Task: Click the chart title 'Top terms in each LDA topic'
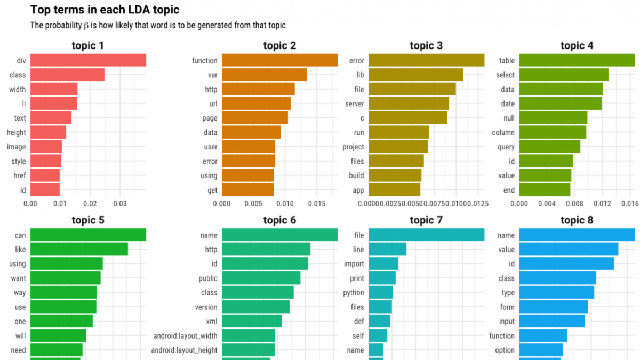105,10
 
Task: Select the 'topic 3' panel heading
426,46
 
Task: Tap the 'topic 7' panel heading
426,220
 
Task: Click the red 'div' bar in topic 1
88,60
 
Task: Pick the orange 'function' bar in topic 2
279,60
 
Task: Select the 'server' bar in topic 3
409,103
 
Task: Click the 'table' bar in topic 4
577,60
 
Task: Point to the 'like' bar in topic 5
79,249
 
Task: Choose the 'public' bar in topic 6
261,278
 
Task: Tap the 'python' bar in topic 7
380,292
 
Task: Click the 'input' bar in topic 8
552,321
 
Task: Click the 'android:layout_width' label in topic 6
185,336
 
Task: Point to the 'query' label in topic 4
506,147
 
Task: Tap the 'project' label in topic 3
353,147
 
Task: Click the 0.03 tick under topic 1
120,203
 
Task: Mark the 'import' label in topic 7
354,263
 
